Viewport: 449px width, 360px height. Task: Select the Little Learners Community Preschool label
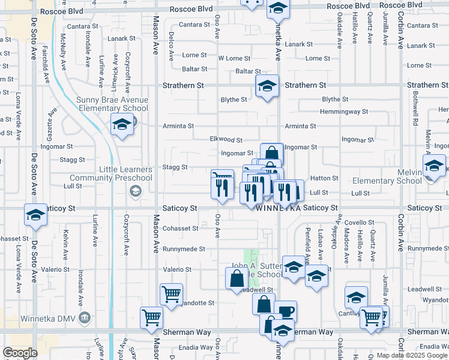[x=111, y=173]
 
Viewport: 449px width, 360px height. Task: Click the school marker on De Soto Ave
[x=35, y=214]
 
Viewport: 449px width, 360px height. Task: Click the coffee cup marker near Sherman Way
[x=286, y=311]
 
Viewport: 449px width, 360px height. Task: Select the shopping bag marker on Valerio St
[x=237, y=277]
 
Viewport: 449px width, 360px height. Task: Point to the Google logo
[x=20, y=353]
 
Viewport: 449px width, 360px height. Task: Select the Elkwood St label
[x=226, y=139]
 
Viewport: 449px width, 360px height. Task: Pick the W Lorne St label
[x=234, y=58]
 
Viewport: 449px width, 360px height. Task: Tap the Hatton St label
[x=324, y=178]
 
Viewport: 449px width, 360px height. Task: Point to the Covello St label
[x=359, y=223]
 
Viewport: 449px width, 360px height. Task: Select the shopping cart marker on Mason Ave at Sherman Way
[x=151, y=317]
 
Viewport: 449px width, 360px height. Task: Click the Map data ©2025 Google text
[x=412, y=355]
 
